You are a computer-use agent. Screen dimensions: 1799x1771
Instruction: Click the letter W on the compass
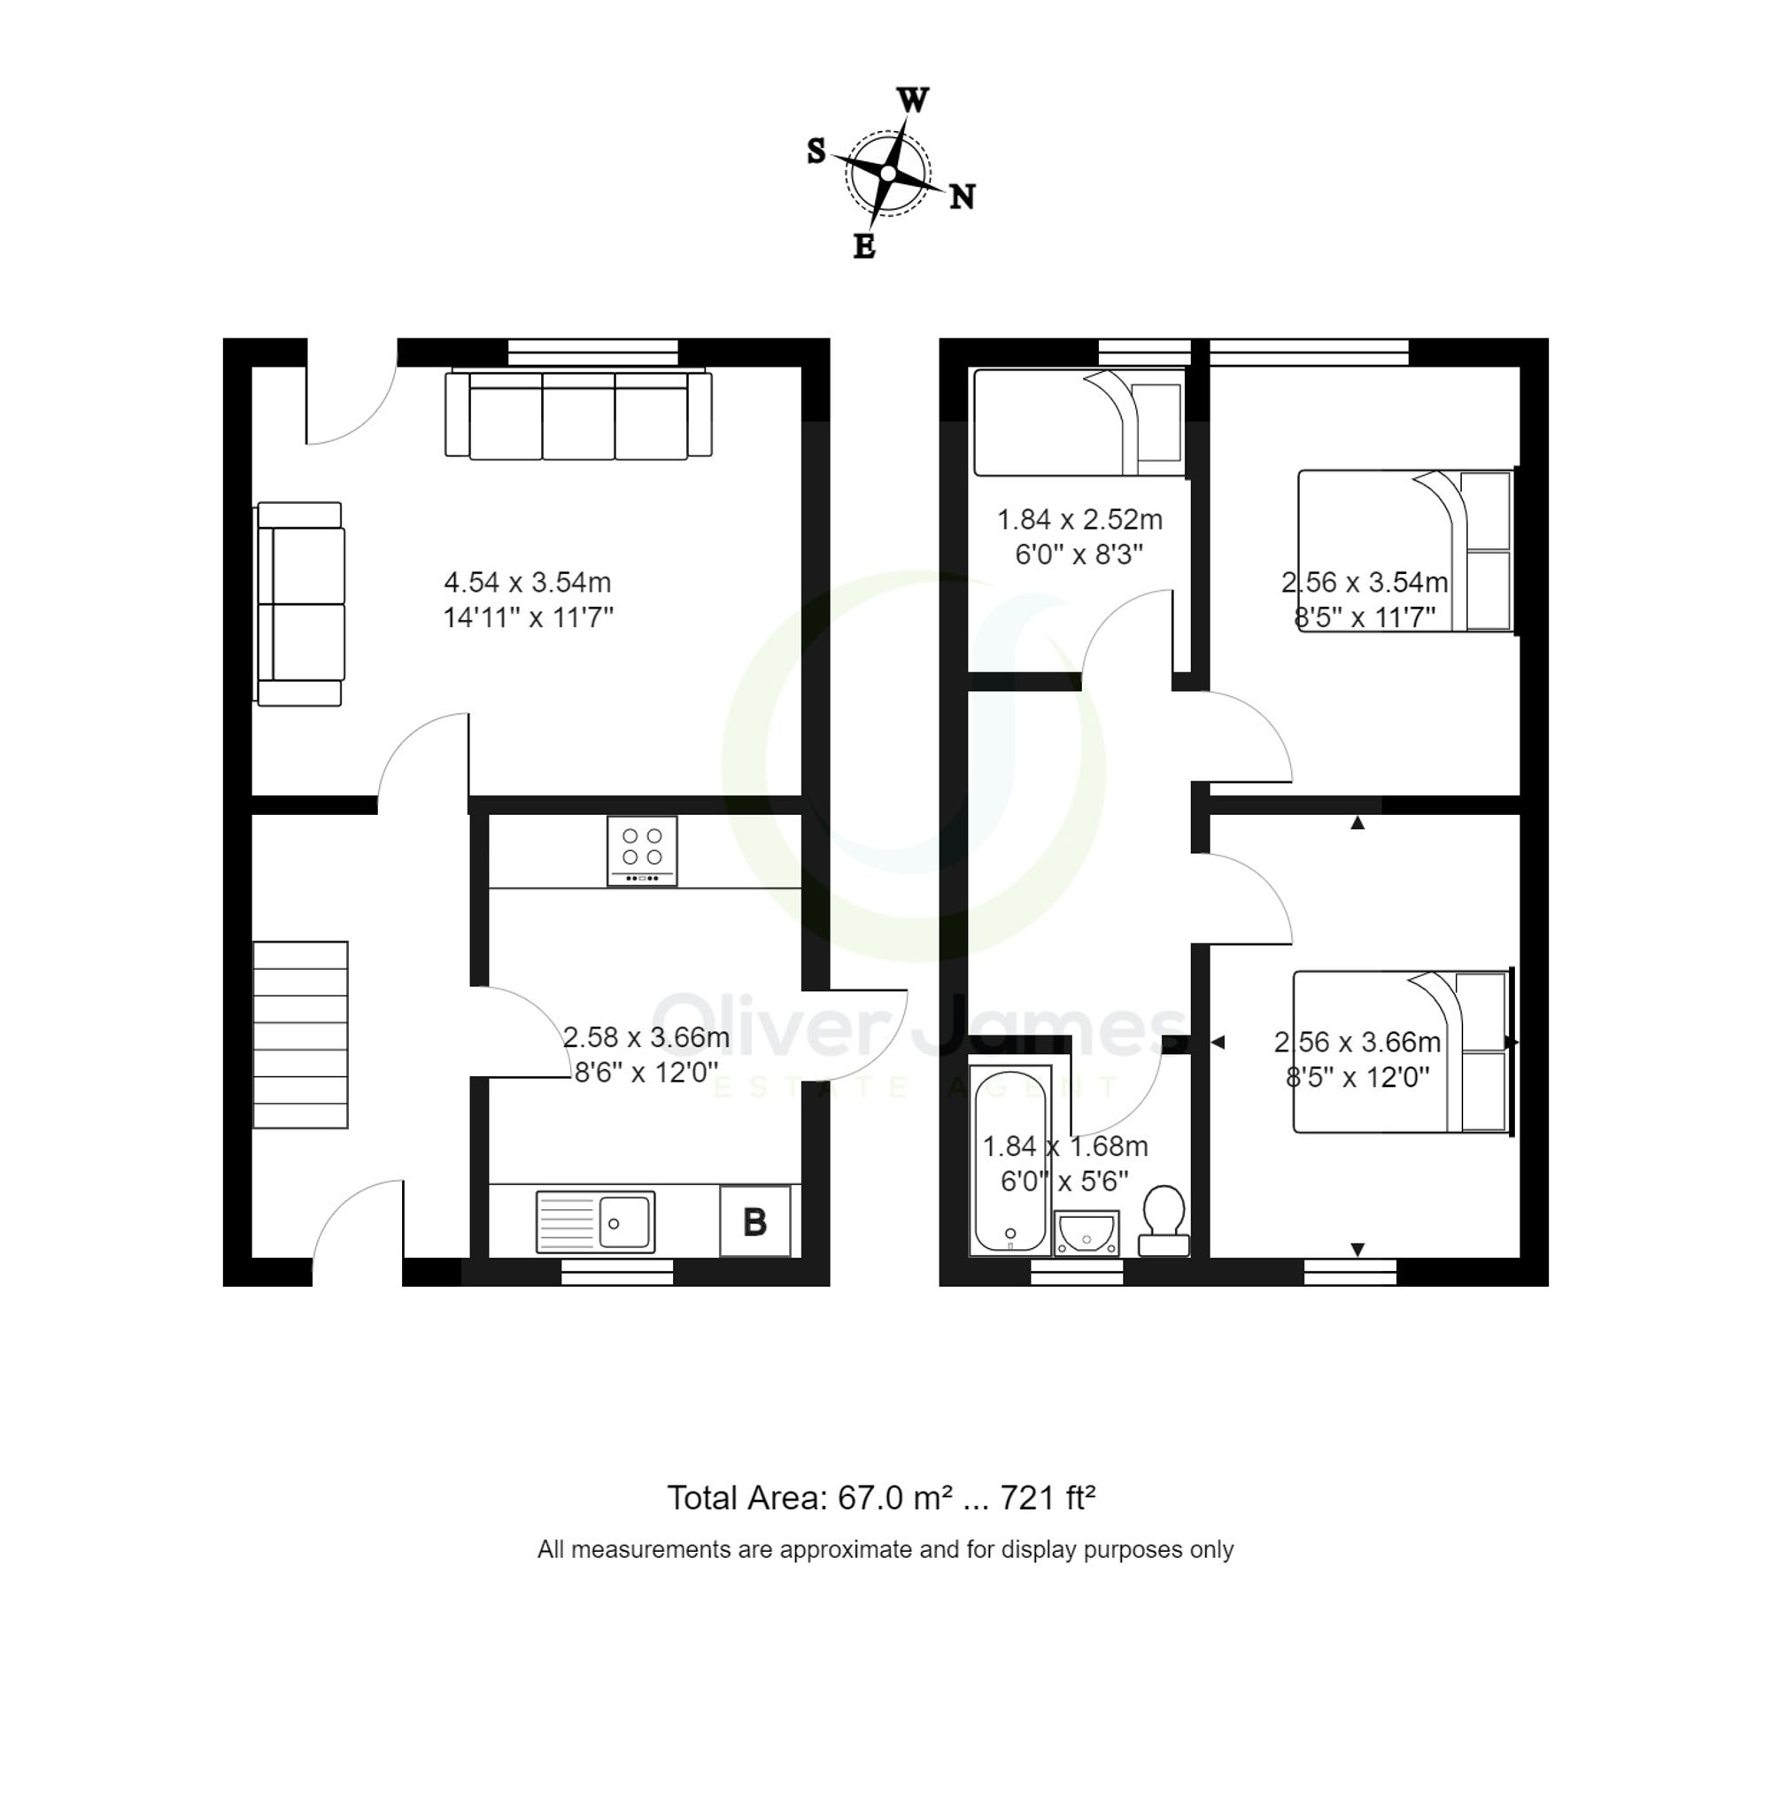[x=912, y=99]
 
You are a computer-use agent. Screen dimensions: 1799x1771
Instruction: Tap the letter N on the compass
[x=962, y=198]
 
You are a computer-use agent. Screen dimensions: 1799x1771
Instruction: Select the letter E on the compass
[x=864, y=246]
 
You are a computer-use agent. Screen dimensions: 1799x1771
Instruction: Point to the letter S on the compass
[x=816, y=151]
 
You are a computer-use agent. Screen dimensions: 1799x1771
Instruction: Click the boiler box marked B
[x=754, y=1221]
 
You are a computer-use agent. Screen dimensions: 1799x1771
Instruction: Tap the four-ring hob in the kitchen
[x=642, y=850]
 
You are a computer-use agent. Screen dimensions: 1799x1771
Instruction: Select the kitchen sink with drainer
[x=595, y=1221]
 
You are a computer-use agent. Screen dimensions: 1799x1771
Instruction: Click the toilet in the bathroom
[x=1164, y=1220]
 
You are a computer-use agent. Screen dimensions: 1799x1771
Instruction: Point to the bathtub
[x=1009, y=1158]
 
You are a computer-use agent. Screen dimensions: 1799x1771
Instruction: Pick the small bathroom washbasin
[x=1086, y=1234]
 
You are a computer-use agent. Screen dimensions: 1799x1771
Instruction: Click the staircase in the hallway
[x=300, y=1035]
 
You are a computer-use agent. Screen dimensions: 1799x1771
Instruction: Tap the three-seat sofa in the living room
[x=577, y=415]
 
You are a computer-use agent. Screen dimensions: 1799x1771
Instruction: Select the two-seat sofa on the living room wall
[x=299, y=604]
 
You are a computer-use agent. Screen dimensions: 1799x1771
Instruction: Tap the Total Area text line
[x=880, y=1499]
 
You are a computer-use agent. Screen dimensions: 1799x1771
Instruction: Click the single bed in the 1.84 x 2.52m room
[x=1078, y=423]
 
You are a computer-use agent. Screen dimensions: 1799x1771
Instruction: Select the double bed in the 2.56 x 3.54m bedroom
[x=1404, y=551]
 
